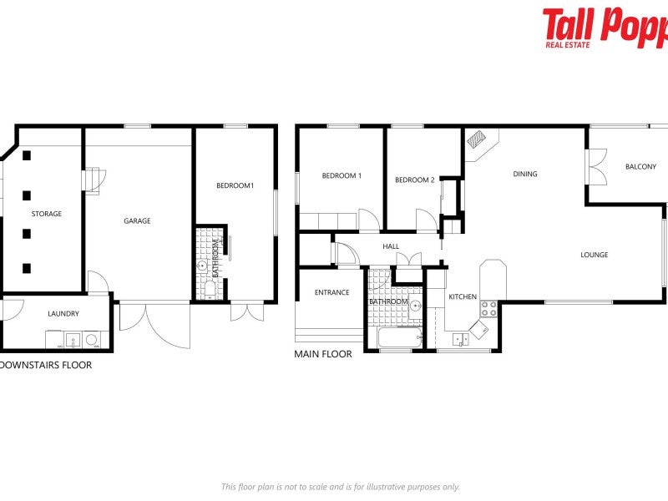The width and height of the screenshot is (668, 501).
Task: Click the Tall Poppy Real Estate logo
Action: click(x=605, y=28)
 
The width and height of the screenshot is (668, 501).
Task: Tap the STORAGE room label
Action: click(x=47, y=214)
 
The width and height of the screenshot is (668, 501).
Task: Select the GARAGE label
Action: click(x=137, y=221)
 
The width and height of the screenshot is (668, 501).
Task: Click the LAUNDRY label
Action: click(x=63, y=314)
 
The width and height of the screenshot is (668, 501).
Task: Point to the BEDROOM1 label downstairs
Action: click(x=234, y=185)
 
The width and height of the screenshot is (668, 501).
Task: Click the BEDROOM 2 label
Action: click(x=414, y=180)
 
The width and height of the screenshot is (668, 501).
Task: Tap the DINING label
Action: click(x=525, y=175)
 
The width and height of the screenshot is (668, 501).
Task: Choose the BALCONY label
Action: click(x=640, y=167)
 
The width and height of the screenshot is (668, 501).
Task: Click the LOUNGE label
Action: click(x=595, y=255)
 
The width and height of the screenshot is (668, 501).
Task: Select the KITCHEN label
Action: click(x=463, y=296)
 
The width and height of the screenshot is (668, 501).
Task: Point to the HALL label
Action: click(x=391, y=246)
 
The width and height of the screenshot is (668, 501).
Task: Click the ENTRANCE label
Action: click(x=331, y=292)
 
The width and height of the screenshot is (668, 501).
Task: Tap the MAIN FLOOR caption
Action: click(x=323, y=354)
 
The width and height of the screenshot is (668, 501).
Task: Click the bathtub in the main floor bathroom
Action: click(x=400, y=338)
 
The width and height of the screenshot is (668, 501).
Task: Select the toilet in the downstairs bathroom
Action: click(x=210, y=289)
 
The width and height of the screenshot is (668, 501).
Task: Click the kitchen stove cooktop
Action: click(x=488, y=308)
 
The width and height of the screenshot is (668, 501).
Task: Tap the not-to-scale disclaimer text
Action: click(x=340, y=487)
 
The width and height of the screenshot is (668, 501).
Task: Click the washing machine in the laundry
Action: click(x=91, y=340)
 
